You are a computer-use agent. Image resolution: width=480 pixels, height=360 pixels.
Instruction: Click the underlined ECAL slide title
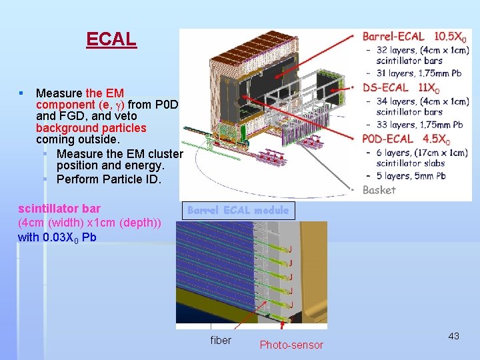[x=111, y=39]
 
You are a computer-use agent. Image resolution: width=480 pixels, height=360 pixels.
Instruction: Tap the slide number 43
[x=453, y=336]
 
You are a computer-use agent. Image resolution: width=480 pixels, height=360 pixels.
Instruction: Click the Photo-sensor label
[x=291, y=345]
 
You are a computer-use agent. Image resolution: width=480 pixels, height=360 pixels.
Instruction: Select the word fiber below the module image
[x=221, y=341]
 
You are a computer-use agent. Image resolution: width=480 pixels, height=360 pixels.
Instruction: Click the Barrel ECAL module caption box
[x=238, y=210]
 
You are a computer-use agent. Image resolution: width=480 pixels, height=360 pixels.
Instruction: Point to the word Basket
[x=379, y=190]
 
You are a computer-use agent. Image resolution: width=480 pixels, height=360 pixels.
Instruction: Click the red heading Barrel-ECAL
[x=393, y=37]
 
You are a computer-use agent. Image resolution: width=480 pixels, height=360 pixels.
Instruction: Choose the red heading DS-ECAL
[x=386, y=87]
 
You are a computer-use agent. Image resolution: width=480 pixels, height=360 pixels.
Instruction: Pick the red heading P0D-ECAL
[x=388, y=140]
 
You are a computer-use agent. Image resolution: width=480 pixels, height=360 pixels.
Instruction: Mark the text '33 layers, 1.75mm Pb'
[x=419, y=125]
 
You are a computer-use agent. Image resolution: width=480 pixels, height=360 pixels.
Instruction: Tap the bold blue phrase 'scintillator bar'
[x=59, y=209]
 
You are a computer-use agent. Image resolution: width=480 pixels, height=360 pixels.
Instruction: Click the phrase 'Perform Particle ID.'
[x=109, y=179]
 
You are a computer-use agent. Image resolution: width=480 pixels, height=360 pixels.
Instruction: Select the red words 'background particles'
[x=91, y=128]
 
